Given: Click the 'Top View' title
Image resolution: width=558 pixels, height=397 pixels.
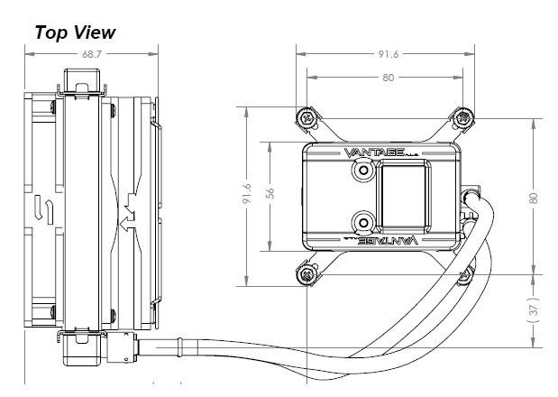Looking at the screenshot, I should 76,32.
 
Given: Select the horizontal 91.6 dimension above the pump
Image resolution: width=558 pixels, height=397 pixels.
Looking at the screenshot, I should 389,54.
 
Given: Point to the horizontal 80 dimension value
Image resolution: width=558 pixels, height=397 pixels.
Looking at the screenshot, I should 388,78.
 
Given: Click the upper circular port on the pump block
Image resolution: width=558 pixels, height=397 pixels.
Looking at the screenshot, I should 363,171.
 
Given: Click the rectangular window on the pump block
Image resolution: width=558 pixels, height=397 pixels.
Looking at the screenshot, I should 403,196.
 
